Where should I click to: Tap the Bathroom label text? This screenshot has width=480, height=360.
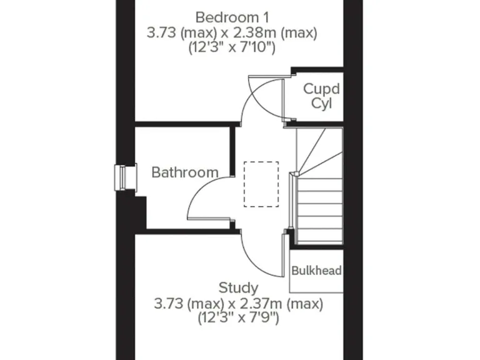point(185,172)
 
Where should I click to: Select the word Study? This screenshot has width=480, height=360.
point(238,288)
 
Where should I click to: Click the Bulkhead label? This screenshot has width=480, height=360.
point(317,271)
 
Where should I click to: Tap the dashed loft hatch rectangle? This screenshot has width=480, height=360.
point(261,184)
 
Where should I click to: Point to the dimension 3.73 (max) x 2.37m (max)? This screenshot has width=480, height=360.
point(238,304)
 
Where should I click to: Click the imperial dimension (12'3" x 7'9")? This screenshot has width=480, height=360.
point(238,319)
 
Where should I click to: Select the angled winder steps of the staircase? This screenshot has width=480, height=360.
point(319,153)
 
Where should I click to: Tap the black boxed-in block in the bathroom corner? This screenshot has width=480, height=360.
point(140,212)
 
